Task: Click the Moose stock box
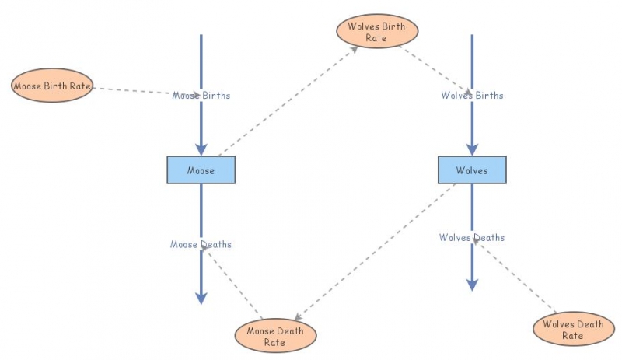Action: (201, 170)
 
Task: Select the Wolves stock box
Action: (472, 170)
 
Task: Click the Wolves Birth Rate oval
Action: (377, 32)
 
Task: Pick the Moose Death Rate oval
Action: (275, 336)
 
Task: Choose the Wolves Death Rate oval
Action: (573, 330)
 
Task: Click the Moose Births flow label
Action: (201, 96)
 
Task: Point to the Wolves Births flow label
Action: (472, 96)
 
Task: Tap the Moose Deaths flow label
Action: (201, 244)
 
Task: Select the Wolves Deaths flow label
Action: (472, 237)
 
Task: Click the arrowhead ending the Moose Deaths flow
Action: (201, 298)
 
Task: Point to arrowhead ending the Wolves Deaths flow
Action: (472, 285)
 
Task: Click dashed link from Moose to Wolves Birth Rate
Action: (288, 101)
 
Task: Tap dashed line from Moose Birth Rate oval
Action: (132, 89)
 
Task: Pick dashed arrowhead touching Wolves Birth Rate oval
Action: (355, 48)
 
